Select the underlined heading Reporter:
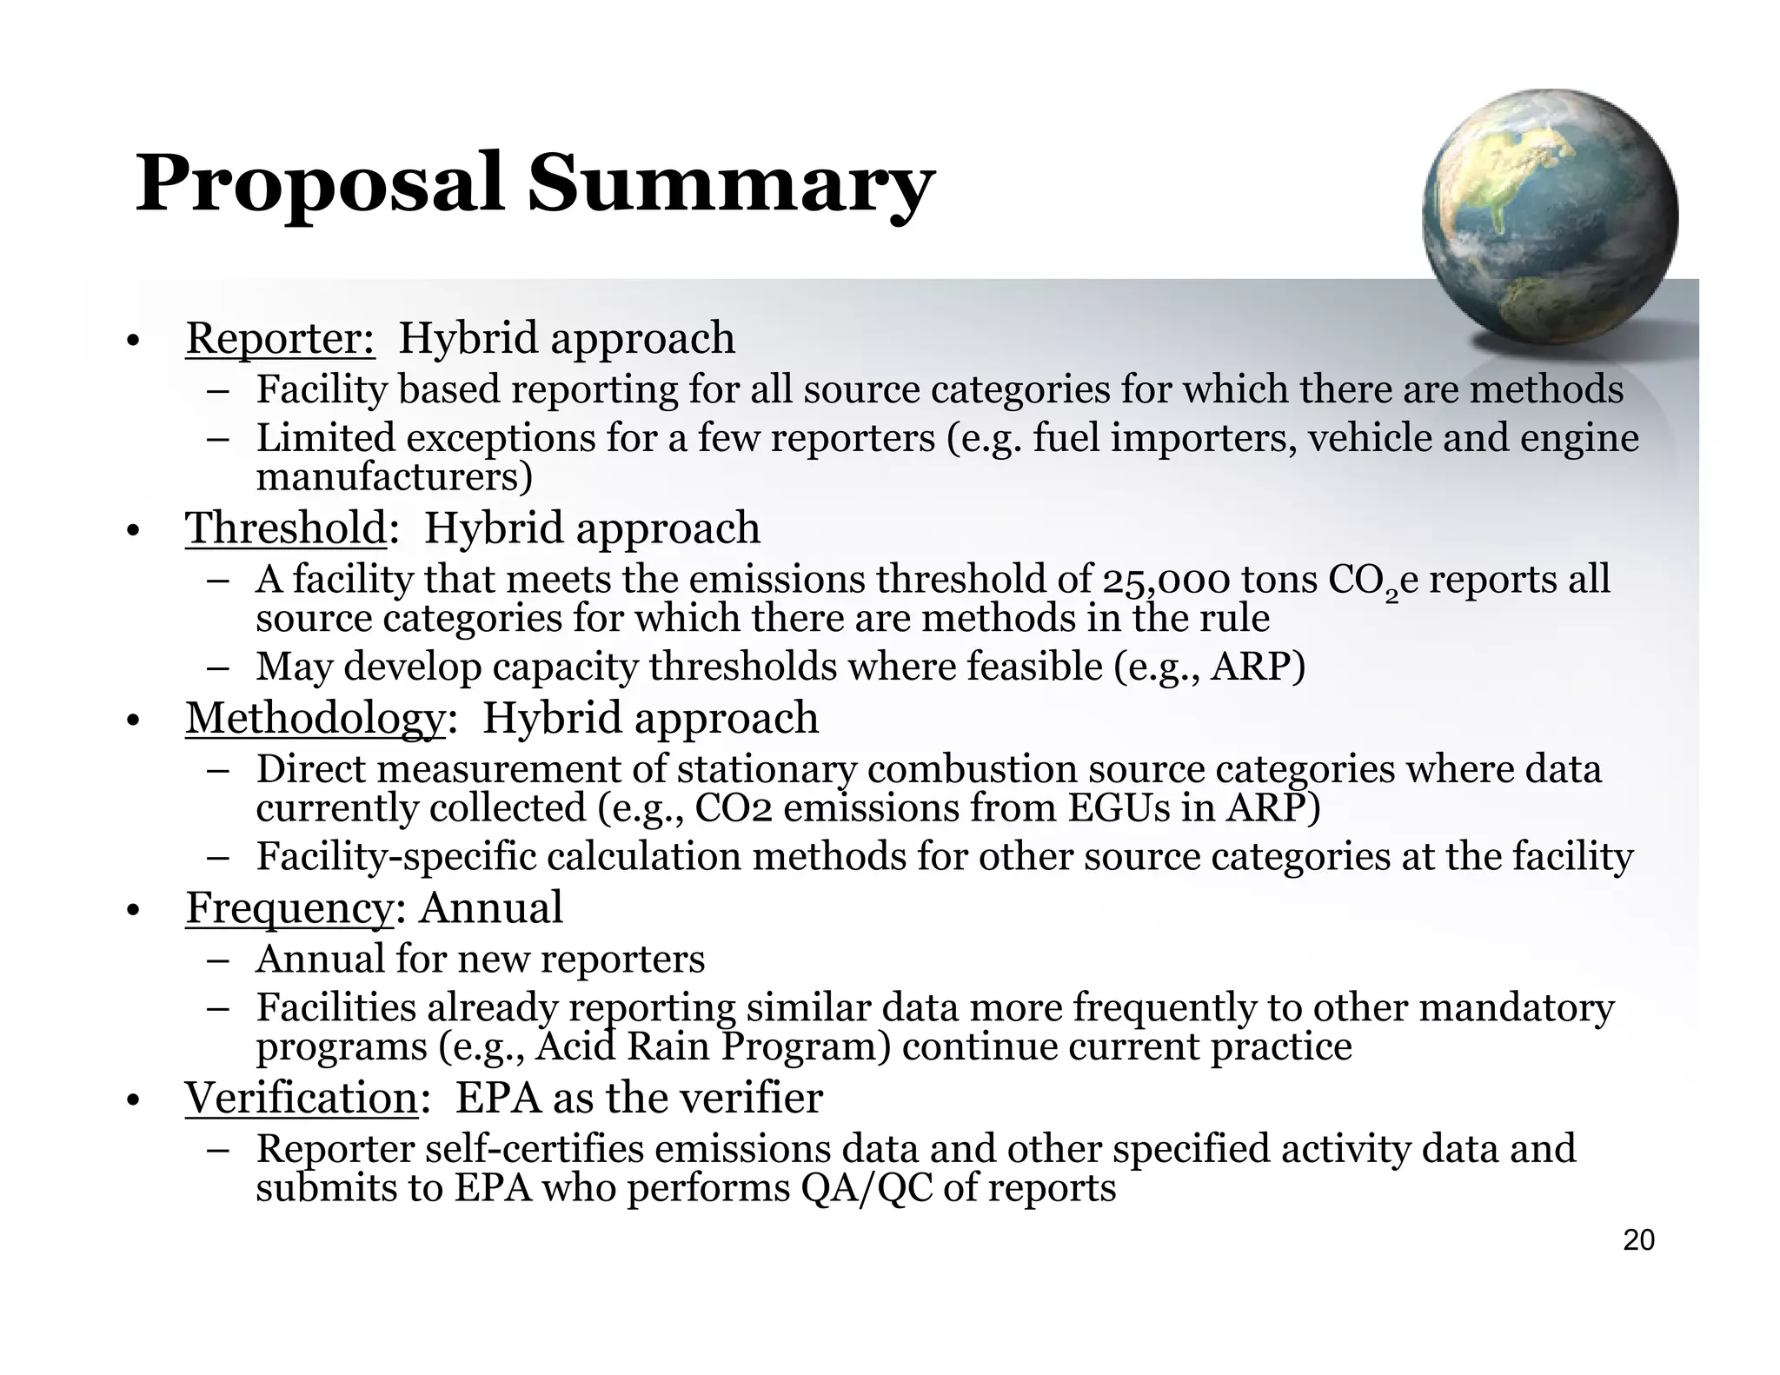(280, 338)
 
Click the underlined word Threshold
(285, 528)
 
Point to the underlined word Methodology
(315, 719)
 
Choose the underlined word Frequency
(289, 908)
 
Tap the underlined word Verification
(302, 1098)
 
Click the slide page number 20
(1638, 1240)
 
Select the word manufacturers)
(394, 477)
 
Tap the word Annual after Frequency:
(490, 908)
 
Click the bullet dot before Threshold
(132, 531)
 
